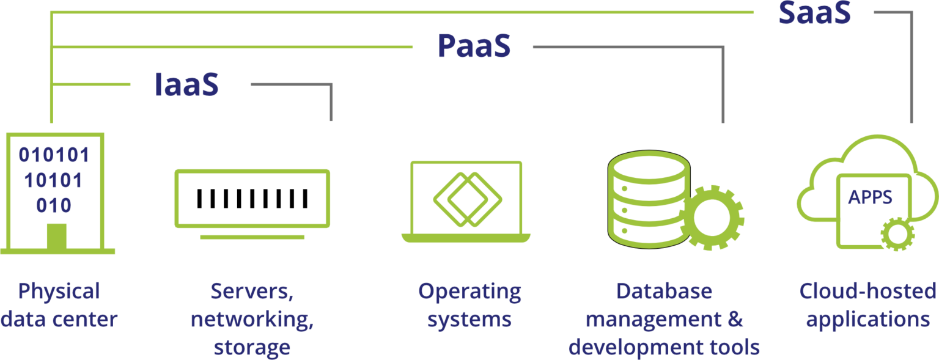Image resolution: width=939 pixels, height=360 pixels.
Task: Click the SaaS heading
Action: click(x=814, y=13)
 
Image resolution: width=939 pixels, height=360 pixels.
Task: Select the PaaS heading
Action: click(x=474, y=48)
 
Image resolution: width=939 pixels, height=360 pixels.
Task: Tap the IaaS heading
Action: click(x=186, y=86)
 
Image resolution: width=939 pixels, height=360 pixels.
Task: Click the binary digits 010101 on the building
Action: click(x=54, y=156)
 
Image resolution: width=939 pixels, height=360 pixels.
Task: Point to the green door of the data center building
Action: click(x=57, y=237)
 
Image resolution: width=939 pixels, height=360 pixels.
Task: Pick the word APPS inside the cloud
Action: click(x=870, y=197)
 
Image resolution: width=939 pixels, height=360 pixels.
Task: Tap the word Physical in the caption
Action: click(x=59, y=292)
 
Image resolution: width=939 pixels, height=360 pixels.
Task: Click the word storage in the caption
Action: click(x=252, y=347)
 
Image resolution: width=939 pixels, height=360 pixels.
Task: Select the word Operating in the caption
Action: click(x=469, y=292)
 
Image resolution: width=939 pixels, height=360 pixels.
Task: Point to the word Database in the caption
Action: click(x=664, y=292)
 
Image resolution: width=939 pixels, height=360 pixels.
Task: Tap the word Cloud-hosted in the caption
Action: click(x=867, y=292)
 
